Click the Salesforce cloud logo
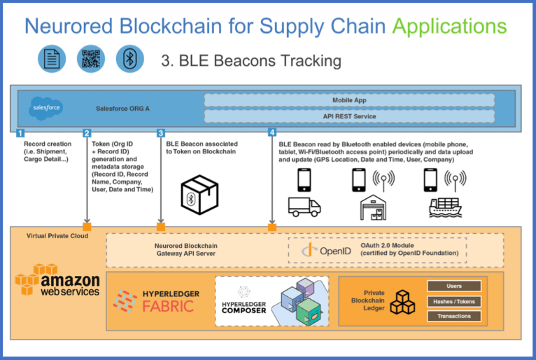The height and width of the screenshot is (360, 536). tap(46, 108)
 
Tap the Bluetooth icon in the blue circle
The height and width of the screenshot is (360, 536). tap(130, 59)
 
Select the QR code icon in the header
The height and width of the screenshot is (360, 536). tap(91, 59)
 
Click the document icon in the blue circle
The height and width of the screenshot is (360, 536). tap(52, 59)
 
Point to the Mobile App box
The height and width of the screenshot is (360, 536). tap(349, 100)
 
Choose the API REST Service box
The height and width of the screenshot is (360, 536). tap(349, 116)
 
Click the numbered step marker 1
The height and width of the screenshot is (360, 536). tap(20, 133)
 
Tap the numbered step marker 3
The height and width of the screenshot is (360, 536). tap(161, 133)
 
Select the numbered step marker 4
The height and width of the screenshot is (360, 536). tap(272, 132)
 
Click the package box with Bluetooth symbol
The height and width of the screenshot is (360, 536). tap(199, 195)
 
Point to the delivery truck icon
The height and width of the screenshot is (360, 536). tap(304, 207)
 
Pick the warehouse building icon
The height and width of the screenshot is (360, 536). tap(373, 207)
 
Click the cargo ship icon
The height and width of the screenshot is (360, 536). tap(446, 207)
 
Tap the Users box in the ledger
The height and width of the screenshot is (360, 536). tap(454, 286)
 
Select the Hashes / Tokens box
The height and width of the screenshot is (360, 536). tap(454, 301)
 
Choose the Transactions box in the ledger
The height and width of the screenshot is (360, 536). tap(454, 316)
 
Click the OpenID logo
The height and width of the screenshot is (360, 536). tap(327, 251)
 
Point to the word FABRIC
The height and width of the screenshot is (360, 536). tap(168, 306)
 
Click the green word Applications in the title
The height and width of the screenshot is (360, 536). tap(449, 26)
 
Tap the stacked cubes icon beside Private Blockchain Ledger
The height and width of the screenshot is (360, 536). tap(402, 302)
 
